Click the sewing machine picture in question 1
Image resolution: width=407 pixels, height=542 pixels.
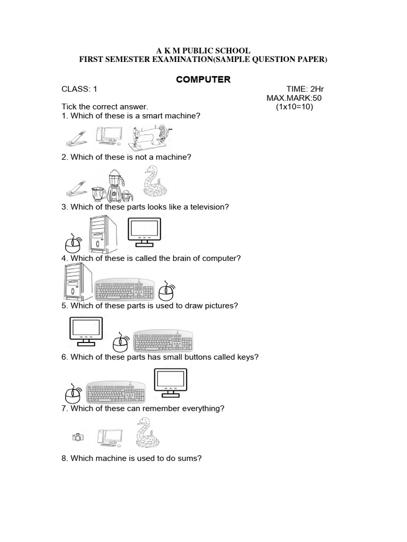pos(149,135)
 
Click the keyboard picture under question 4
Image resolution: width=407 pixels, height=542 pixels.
pos(125,290)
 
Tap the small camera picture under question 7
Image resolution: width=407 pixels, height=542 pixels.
pos(78,437)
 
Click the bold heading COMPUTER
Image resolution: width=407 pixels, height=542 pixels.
pos(203,79)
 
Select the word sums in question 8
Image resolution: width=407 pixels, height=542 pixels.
pos(190,458)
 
